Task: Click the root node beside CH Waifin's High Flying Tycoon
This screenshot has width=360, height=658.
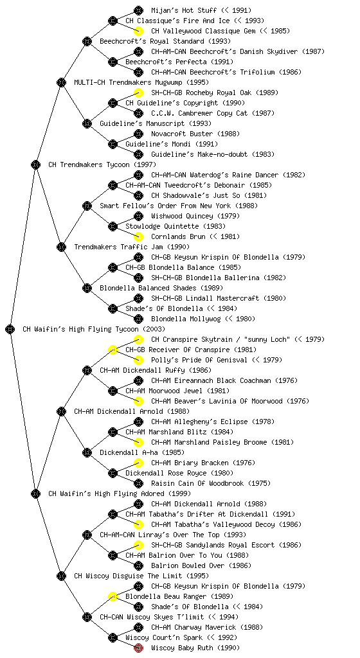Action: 10,329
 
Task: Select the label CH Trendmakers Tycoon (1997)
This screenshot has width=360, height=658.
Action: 102,164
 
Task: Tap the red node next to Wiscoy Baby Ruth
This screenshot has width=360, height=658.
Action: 138,648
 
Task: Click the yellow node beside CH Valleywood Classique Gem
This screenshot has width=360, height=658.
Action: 138,31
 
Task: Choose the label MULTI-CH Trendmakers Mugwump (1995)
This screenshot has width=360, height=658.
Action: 141,82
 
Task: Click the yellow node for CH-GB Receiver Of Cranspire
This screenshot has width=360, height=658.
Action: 113,350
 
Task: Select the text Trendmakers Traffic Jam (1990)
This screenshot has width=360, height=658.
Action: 132,247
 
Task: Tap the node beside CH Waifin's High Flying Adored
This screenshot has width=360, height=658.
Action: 35,493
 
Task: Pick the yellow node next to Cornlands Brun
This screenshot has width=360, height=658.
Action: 138,236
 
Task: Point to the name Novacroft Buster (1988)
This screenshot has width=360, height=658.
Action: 195,134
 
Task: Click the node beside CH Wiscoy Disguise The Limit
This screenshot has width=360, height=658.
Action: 61,576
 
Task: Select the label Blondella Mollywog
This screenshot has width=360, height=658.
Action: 186,319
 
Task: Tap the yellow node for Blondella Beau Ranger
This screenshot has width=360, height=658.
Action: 113,596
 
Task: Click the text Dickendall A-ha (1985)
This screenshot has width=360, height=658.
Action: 142,452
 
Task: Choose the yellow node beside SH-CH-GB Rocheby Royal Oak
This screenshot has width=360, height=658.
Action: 138,93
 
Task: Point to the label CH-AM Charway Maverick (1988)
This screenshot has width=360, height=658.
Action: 207,627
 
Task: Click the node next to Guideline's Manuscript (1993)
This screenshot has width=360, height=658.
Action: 87,123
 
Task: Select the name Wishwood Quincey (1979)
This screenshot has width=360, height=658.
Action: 195,216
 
